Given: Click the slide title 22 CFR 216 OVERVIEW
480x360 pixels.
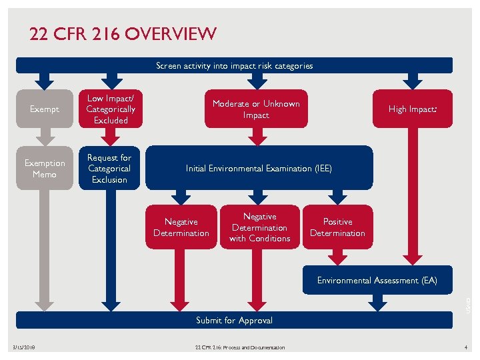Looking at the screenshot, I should click(123, 34).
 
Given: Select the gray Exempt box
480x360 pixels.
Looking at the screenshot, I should click(45, 109).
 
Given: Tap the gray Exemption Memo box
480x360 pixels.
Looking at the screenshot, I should click(45, 168).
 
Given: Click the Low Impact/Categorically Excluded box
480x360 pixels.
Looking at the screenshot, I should click(111, 109).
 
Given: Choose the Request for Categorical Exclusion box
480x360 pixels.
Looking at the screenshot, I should click(109, 168).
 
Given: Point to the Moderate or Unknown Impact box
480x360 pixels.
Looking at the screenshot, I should click(256, 109).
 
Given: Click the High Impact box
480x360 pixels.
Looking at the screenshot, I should click(413, 109).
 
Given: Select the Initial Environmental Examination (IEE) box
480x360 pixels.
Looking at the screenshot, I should click(259, 169).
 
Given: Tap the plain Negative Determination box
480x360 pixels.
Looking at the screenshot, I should click(181, 227).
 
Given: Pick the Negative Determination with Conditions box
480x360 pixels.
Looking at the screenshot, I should click(260, 227).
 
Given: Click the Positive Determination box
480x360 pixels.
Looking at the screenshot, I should click(337, 227).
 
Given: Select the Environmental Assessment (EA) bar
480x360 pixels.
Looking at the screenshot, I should click(377, 281).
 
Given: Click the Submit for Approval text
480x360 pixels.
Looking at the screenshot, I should click(234, 321).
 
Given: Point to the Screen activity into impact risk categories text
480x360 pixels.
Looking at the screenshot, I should click(234, 66).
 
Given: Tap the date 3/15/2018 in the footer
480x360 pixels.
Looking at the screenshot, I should click(24, 347).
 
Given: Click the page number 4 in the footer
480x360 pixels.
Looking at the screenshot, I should click(466, 347).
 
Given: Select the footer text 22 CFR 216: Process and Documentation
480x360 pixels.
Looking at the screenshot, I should click(239, 347).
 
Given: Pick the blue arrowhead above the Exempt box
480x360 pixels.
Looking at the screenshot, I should click(45, 82).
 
